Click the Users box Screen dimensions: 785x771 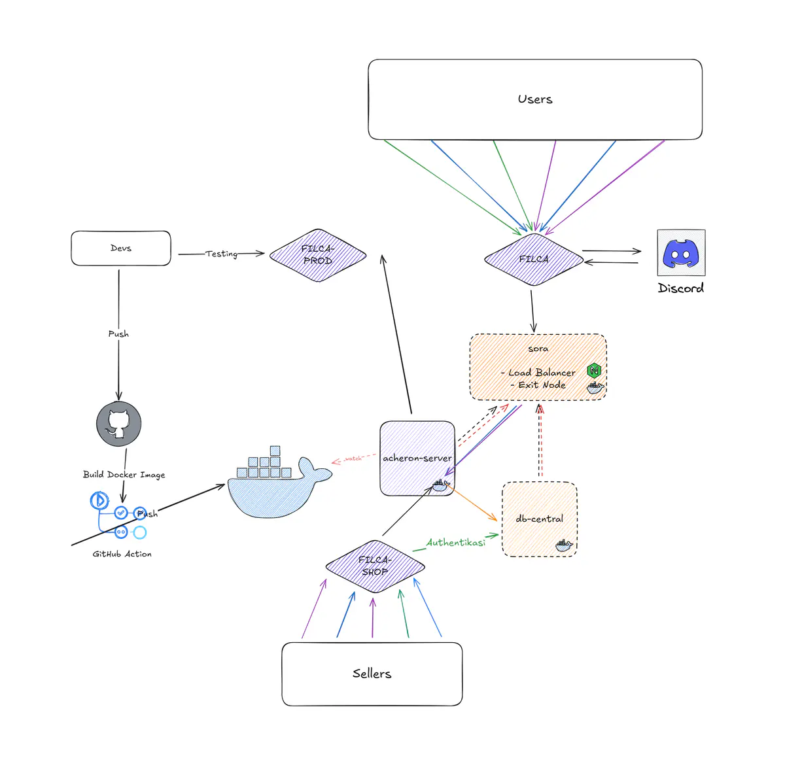(x=535, y=99)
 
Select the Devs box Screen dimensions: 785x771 (x=121, y=248)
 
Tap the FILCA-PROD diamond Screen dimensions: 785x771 (x=318, y=255)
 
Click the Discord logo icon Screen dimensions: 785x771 (x=681, y=253)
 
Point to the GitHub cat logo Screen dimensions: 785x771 (x=118, y=424)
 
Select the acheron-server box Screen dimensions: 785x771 (x=417, y=458)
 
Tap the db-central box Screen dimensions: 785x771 (x=539, y=519)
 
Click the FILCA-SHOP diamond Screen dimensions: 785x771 (x=375, y=566)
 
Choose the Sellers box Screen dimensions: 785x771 (x=372, y=674)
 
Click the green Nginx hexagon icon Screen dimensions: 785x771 (x=595, y=370)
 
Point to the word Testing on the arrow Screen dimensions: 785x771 (x=221, y=254)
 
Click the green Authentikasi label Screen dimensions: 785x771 (x=456, y=542)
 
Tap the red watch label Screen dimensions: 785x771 (x=353, y=458)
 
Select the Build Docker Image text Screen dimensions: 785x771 (x=124, y=475)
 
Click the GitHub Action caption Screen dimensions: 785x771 (x=122, y=554)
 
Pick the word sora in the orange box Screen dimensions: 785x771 (x=538, y=349)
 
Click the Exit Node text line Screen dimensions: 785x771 (x=538, y=385)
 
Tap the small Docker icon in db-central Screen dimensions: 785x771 (x=564, y=545)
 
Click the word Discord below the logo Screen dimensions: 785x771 (x=681, y=288)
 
